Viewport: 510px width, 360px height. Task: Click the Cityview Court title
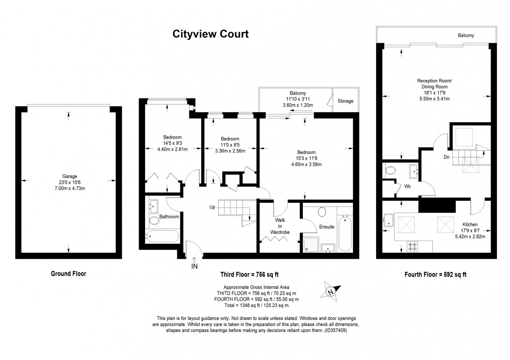click(210, 34)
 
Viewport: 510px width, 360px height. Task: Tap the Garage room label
click(70, 176)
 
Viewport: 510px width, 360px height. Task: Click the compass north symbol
click(331, 292)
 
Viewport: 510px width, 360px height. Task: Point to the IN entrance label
click(194, 266)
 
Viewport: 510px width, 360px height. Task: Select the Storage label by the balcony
click(345, 101)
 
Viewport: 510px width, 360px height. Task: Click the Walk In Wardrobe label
click(280, 226)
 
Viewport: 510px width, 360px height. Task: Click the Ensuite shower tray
click(311, 245)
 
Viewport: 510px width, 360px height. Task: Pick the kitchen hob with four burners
click(412, 247)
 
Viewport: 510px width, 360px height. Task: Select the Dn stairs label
click(447, 157)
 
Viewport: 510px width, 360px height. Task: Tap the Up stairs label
click(212, 207)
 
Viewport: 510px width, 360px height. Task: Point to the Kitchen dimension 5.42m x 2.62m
click(470, 237)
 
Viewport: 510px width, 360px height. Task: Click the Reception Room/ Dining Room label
click(434, 84)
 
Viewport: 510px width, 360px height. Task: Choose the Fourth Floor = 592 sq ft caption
click(435, 275)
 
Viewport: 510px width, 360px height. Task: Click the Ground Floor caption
click(69, 274)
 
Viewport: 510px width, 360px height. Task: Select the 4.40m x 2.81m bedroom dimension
click(173, 149)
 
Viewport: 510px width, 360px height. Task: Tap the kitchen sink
click(388, 220)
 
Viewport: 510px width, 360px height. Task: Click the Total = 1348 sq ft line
click(256, 305)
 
